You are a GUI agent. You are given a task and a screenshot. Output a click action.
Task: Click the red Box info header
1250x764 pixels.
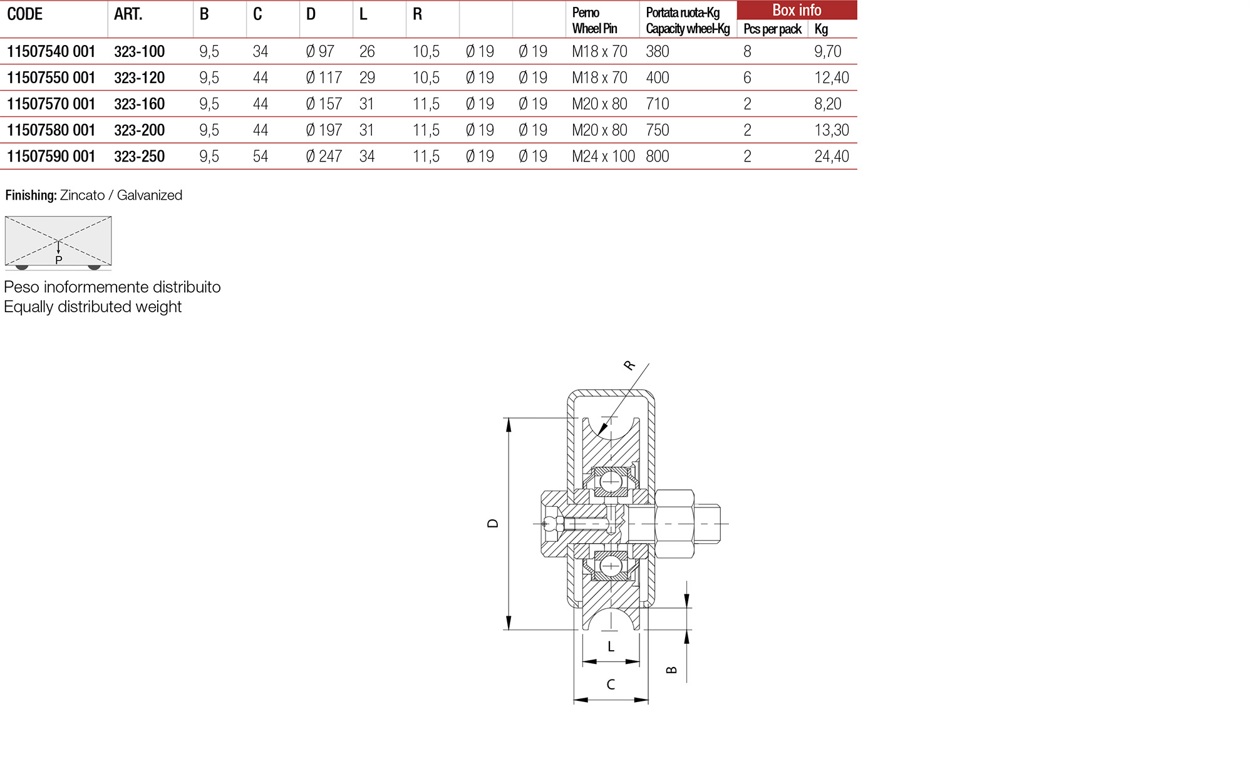[796, 10]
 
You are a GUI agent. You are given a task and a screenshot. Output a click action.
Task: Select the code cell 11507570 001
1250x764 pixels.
[51, 104]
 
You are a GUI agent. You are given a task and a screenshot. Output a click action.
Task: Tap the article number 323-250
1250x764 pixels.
[139, 156]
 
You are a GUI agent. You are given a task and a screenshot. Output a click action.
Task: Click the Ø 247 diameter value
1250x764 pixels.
[324, 156]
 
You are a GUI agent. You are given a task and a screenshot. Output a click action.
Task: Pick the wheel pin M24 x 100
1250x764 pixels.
[603, 156]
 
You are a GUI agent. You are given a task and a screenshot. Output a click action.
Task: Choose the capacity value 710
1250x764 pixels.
[658, 104]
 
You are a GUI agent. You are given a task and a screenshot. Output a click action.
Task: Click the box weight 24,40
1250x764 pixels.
[831, 156]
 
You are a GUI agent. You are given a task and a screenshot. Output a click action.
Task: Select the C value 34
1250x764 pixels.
[261, 51]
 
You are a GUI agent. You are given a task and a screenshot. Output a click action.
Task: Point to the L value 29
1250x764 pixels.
[367, 78]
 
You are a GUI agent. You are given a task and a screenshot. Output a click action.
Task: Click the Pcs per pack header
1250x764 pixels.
[772, 29]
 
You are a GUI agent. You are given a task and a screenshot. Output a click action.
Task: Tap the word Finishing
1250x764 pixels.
[31, 195]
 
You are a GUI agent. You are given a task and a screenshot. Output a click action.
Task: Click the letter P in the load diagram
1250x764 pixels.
[59, 260]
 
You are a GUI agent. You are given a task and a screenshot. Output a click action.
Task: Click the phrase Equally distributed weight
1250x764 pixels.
[93, 307]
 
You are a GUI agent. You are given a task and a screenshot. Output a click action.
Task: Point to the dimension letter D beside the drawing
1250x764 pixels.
[493, 523]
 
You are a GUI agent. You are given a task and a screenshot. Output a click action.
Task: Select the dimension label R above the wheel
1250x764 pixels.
[629, 365]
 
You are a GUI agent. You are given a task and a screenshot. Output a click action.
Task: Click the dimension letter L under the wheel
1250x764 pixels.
[611, 647]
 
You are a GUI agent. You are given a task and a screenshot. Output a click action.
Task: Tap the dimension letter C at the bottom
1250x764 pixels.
[611, 685]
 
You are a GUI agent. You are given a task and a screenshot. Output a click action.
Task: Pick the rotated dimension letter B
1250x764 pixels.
[671, 670]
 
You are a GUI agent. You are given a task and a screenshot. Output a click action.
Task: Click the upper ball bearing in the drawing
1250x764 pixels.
[611, 482]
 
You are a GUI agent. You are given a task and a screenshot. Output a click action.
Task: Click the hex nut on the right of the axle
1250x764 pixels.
[674, 523]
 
